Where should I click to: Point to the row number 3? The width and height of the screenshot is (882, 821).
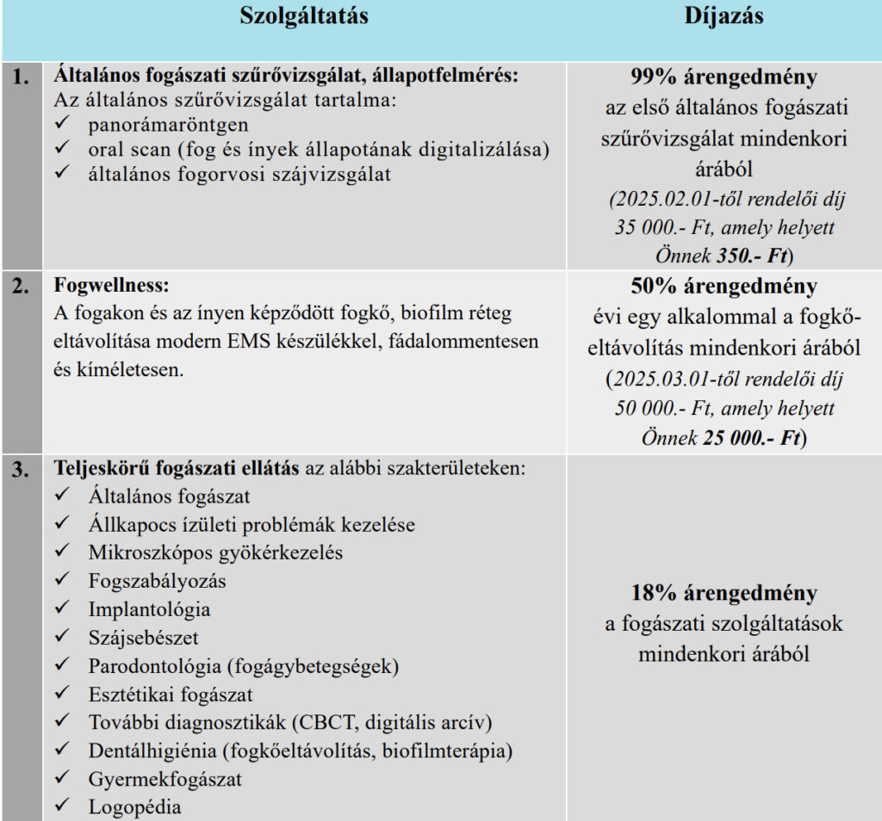click(x=22, y=471)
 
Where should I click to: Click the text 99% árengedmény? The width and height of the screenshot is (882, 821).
click(x=724, y=78)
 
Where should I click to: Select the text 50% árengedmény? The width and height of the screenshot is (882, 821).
click(x=724, y=287)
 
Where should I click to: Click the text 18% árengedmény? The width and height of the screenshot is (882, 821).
click(x=724, y=594)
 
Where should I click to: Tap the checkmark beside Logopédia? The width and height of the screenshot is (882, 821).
click(x=61, y=806)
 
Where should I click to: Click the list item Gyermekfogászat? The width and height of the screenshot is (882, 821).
click(x=165, y=779)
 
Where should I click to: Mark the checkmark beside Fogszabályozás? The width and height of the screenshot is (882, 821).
click(x=61, y=581)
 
